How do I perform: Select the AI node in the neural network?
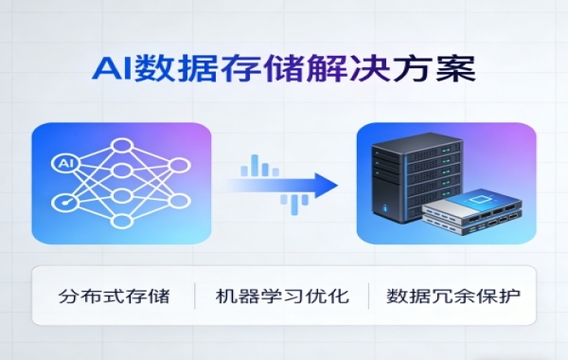click(x=65, y=162)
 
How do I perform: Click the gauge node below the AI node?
click(x=65, y=202)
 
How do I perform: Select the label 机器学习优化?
click(x=281, y=296)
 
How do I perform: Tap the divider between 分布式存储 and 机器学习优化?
click(x=196, y=296)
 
